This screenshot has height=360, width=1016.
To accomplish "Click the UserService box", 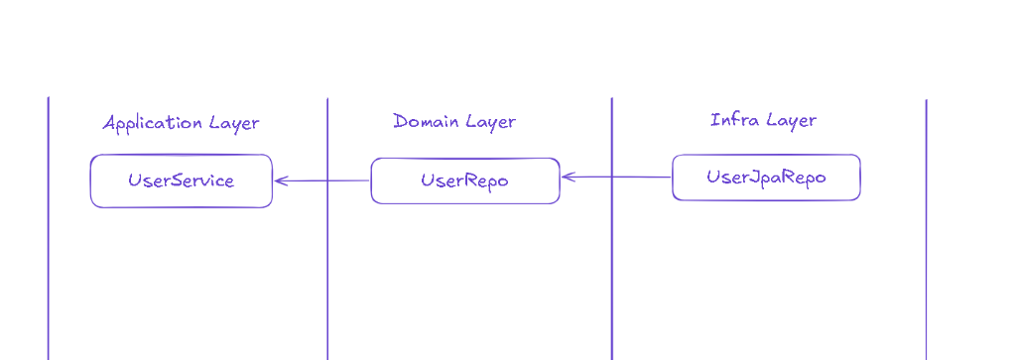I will [181, 180].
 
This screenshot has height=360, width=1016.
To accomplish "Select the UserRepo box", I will [464, 180].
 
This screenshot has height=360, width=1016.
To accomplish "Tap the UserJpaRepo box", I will [766, 178].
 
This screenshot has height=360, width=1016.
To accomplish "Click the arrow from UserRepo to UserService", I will [321, 180].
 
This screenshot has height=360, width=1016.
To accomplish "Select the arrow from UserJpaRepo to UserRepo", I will [616, 178].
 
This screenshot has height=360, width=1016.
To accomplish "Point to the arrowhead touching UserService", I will [278, 180].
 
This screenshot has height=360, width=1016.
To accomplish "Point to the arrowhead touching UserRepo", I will [566, 178].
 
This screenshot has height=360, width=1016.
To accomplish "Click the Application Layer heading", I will [181, 123].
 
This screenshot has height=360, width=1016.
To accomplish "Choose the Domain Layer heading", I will [454, 121].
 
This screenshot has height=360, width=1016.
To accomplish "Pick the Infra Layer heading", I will [763, 120].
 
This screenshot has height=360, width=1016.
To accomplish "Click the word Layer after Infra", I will [792, 121].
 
